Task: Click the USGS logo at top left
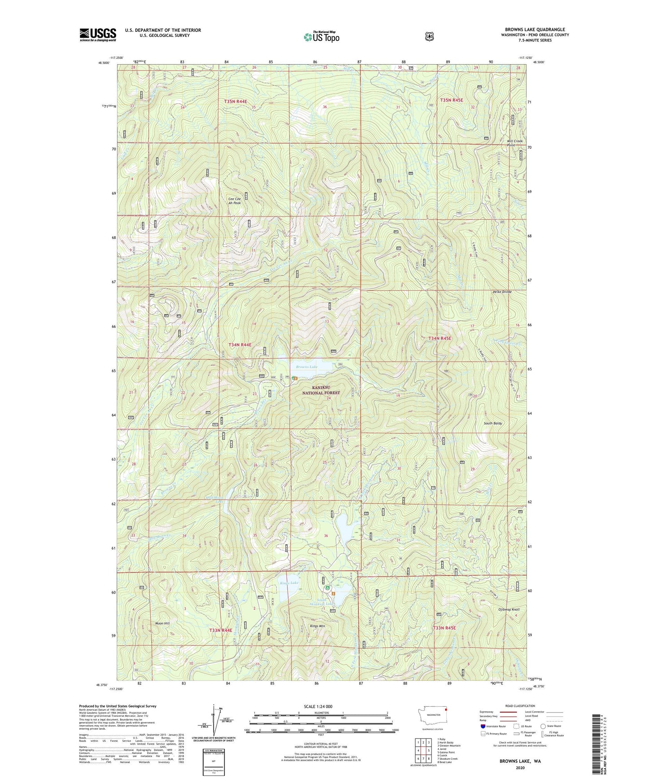coord(98,35)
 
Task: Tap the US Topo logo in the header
coord(321,37)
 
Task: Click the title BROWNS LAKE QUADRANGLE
coord(535,30)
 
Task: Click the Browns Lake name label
coord(307,367)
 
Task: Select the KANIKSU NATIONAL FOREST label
coord(321,390)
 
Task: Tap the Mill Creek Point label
coord(515,143)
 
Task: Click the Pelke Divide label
coord(502,292)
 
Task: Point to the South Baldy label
coord(492,423)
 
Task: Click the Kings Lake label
coord(289,583)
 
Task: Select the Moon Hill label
coord(162,624)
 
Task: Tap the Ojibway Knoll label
coord(509,609)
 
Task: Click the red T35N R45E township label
coord(452,100)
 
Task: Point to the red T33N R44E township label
coord(221,630)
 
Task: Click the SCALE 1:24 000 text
coord(318,706)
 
